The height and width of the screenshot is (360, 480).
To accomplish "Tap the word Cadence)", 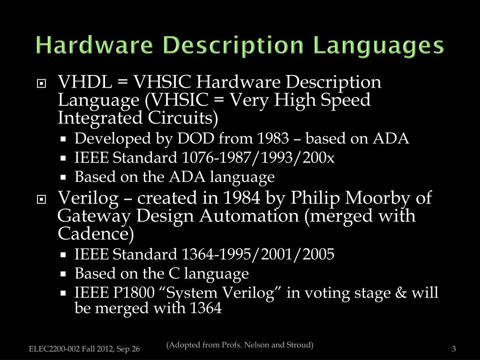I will coord(96,233).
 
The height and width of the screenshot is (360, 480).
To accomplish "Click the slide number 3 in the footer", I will coord(454,349).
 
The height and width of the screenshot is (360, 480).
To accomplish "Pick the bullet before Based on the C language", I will coord(63,274).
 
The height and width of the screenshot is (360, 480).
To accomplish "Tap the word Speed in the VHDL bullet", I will coord(348,100).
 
